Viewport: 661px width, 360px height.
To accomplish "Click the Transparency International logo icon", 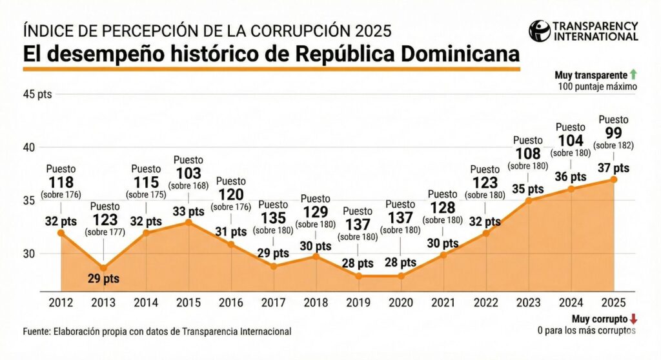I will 539,30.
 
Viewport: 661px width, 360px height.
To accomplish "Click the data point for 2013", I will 104,267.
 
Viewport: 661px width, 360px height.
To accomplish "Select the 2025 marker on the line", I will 613,179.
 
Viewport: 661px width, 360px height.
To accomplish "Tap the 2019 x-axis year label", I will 357,302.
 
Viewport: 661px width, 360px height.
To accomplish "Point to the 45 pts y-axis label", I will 37,94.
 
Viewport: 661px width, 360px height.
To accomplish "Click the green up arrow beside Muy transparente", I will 634,75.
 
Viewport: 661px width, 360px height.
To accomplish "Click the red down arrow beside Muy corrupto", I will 633,319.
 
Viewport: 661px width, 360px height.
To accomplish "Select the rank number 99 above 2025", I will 613,134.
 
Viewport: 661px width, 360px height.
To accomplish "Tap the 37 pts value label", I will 613,168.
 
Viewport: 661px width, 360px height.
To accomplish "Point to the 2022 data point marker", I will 485,233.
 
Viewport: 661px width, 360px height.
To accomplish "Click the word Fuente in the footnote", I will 37,331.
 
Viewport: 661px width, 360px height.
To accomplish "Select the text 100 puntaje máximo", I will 596,86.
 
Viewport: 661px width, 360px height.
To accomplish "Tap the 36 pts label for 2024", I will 570,177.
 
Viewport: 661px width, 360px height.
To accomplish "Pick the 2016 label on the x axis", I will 230,302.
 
